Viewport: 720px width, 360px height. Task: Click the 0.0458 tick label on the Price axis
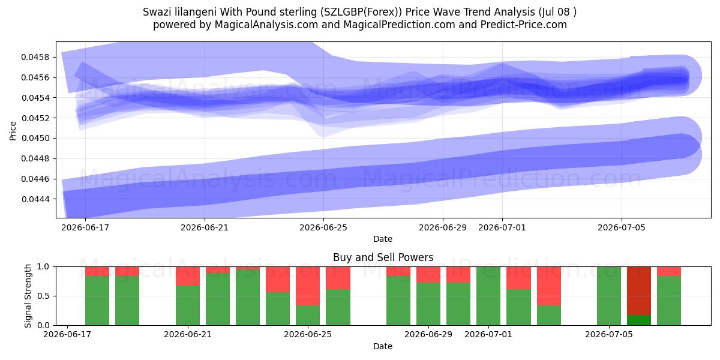coord(35,57)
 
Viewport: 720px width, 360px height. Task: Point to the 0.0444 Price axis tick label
coord(35,199)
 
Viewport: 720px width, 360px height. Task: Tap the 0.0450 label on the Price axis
coord(35,138)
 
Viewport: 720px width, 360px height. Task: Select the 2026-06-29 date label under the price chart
coord(443,227)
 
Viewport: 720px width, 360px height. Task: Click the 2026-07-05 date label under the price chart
coord(622,227)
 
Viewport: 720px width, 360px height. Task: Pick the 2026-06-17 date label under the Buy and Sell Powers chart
coord(67,334)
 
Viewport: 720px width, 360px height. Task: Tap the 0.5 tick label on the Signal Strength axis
coord(43,296)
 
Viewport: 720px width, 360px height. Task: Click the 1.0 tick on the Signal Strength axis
coord(43,266)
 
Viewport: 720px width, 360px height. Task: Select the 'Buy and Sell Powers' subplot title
coord(383,257)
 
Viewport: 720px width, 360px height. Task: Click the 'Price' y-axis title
coord(13,131)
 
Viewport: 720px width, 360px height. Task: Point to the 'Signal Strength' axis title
coord(28,296)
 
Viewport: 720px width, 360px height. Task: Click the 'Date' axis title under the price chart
coord(383,239)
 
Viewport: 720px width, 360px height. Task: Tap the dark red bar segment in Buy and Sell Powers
coord(639,291)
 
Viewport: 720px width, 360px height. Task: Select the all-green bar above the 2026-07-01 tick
coord(488,296)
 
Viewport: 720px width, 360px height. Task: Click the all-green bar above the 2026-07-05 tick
coord(609,296)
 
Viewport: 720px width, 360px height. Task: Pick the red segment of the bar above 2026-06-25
coord(308,286)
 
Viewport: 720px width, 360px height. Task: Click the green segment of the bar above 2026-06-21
coord(188,305)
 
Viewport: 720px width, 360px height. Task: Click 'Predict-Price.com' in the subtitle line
coord(524,25)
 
